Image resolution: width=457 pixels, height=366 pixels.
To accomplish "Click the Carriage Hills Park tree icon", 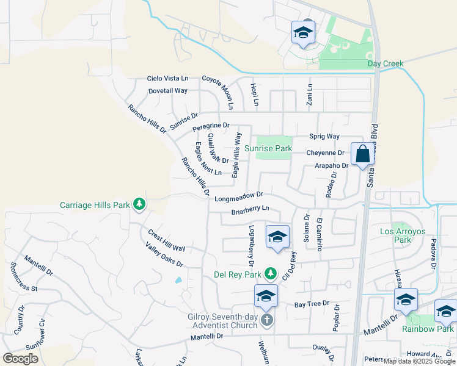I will (139, 204).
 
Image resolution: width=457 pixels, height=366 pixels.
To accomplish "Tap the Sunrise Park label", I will (268, 148).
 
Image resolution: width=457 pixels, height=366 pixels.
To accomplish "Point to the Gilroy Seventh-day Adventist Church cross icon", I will (266, 320).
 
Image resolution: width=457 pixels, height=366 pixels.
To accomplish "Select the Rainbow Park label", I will (428, 329).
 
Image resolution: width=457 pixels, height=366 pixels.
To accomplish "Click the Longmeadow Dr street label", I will (238, 196).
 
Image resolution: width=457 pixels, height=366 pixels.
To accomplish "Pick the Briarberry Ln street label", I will (250, 210).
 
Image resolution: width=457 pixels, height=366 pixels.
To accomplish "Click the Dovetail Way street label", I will (168, 90).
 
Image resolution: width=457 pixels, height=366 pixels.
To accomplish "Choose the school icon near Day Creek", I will (303, 33).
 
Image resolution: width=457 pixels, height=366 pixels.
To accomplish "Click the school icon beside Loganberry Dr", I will (277, 237).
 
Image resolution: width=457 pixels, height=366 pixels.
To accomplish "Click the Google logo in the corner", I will (20, 358).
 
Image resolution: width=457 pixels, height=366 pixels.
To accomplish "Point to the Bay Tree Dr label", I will (312, 304).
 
